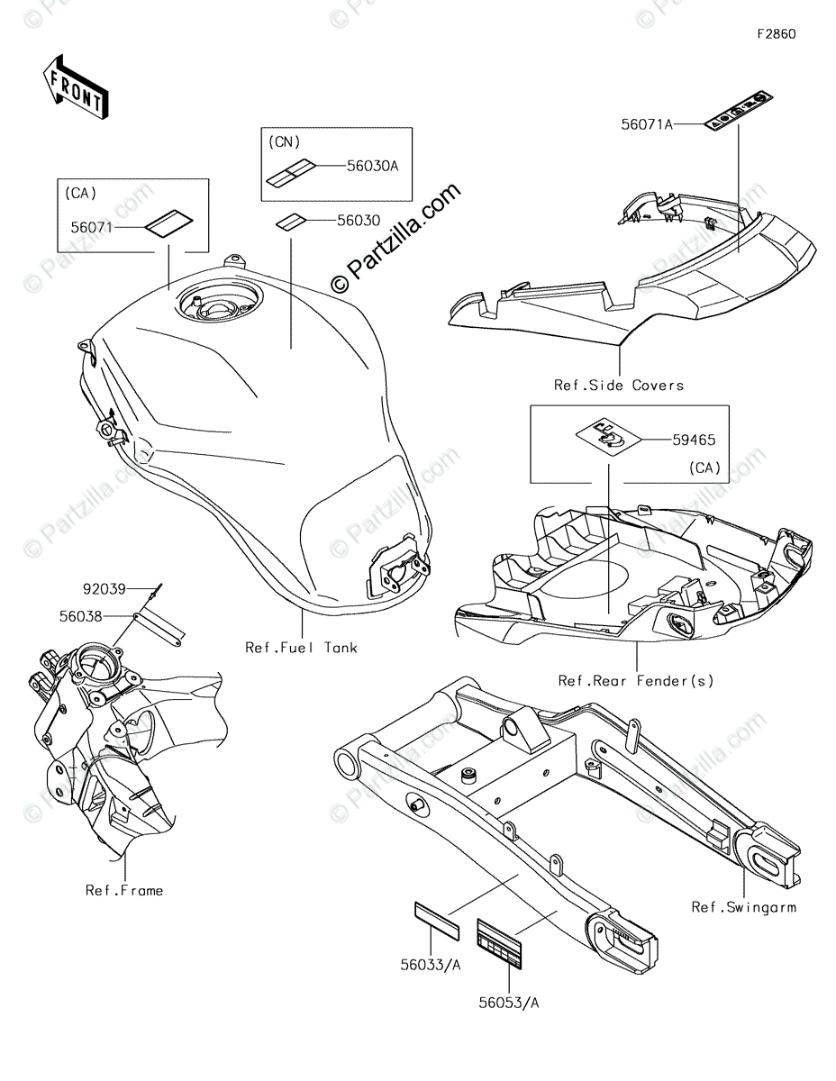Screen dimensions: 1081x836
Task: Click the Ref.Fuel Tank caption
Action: [x=301, y=648]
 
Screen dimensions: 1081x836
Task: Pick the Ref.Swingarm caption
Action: [x=743, y=907]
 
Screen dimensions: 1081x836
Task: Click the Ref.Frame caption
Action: [x=124, y=890]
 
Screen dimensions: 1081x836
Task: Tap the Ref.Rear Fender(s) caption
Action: [x=636, y=681]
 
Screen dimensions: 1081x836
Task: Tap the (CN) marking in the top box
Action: [x=285, y=142]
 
